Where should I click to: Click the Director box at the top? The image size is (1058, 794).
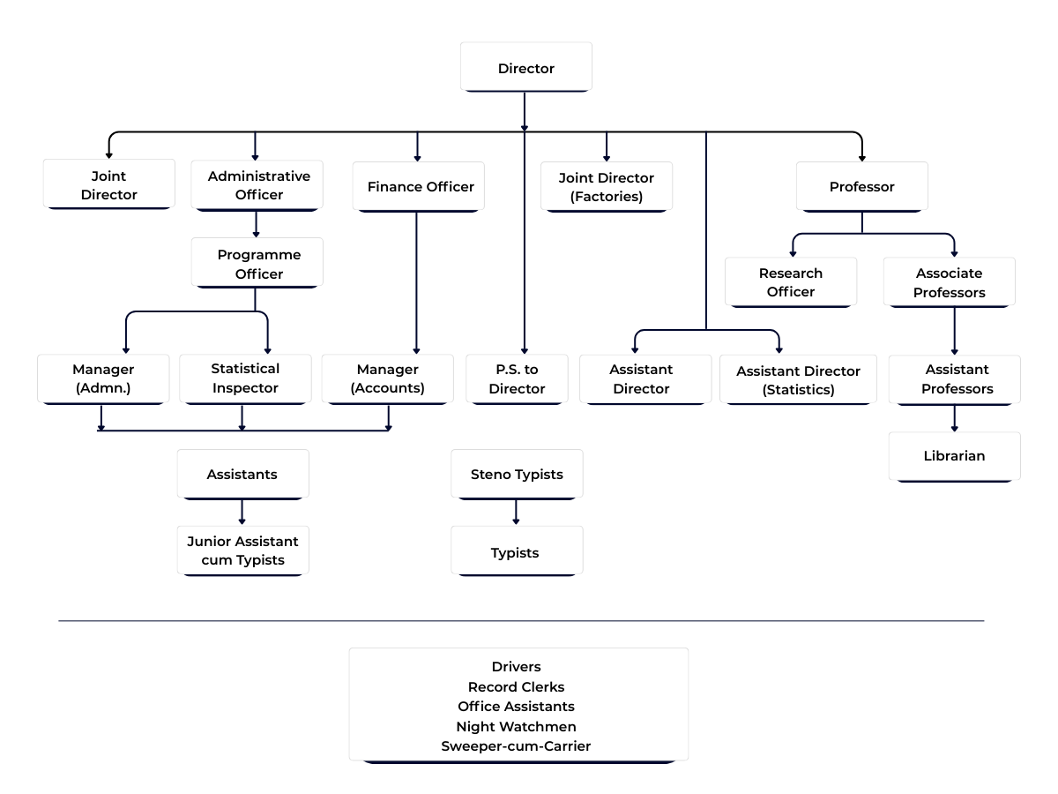[x=525, y=68]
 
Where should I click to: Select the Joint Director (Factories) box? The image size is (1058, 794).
[x=607, y=187]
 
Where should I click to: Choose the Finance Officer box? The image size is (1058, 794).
[x=418, y=187]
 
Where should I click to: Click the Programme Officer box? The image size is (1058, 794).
[x=257, y=264]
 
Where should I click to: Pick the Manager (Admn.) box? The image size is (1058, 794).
[x=102, y=378]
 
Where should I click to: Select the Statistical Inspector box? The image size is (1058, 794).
[x=245, y=378]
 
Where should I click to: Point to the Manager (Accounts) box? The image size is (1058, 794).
[x=387, y=379]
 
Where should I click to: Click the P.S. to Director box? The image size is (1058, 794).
[x=517, y=379]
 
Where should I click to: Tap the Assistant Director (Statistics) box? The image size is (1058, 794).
[x=798, y=380]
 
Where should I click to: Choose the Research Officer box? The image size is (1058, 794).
[x=791, y=282]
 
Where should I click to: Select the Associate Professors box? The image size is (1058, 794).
[x=949, y=282]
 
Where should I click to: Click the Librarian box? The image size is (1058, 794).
[x=954, y=456]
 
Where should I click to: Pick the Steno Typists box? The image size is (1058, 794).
[x=517, y=475]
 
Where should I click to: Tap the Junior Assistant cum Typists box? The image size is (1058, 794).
[x=242, y=551]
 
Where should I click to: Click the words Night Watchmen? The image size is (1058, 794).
[x=517, y=727]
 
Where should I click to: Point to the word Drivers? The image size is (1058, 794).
[x=517, y=667]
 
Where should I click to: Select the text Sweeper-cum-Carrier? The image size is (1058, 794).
[x=517, y=746]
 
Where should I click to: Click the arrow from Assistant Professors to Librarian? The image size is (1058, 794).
[x=954, y=419]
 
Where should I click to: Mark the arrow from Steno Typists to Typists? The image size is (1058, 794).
[x=517, y=513]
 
